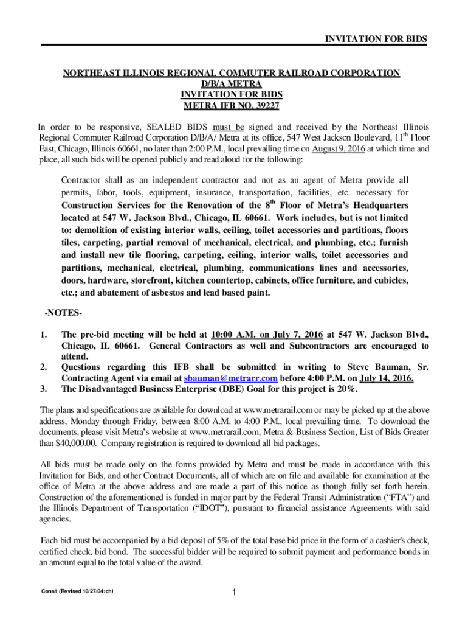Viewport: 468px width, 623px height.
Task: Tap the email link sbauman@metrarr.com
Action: coord(222,378)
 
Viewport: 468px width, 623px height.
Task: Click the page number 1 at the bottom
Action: coord(234,592)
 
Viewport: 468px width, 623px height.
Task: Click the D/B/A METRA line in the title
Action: coord(232,83)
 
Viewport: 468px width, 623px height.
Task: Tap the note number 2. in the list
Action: coord(44,367)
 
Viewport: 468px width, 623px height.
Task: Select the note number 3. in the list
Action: coord(44,389)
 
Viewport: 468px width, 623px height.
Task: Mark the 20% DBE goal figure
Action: coord(348,389)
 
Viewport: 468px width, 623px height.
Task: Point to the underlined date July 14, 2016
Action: coord(384,378)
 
